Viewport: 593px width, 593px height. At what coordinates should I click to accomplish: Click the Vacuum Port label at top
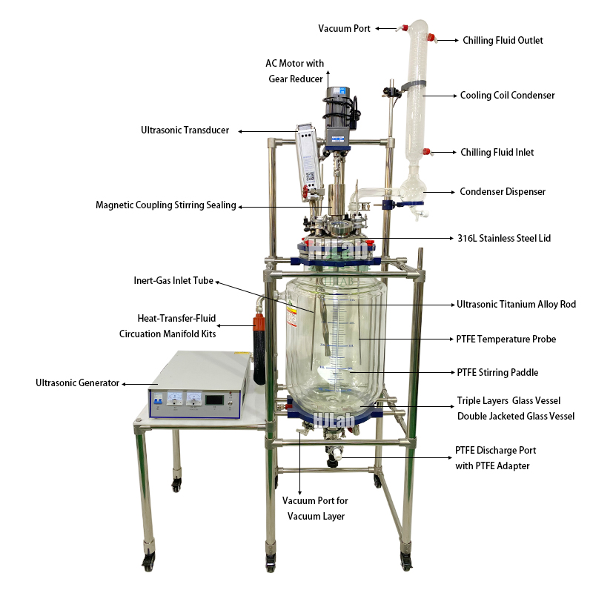[345, 28]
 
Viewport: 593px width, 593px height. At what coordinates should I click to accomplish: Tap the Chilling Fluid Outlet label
[503, 40]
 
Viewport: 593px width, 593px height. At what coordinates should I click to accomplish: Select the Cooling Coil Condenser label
[507, 95]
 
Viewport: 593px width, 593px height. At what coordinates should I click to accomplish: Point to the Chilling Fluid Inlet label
[497, 152]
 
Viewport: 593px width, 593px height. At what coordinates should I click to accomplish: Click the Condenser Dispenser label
[503, 191]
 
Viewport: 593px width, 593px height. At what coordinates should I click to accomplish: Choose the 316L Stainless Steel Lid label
[503, 238]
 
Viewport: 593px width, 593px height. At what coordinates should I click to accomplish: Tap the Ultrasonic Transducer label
[185, 130]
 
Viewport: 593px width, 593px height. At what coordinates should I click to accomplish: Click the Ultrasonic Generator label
[77, 382]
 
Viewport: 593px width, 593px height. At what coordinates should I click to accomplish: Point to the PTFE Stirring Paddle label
[497, 372]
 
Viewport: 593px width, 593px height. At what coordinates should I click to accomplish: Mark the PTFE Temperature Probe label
[506, 339]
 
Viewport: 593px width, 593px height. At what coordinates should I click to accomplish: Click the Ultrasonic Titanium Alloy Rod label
[515, 304]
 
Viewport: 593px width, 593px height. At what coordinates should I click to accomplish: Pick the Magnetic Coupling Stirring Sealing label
[165, 205]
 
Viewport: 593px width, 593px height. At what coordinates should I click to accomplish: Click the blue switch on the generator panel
[159, 401]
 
